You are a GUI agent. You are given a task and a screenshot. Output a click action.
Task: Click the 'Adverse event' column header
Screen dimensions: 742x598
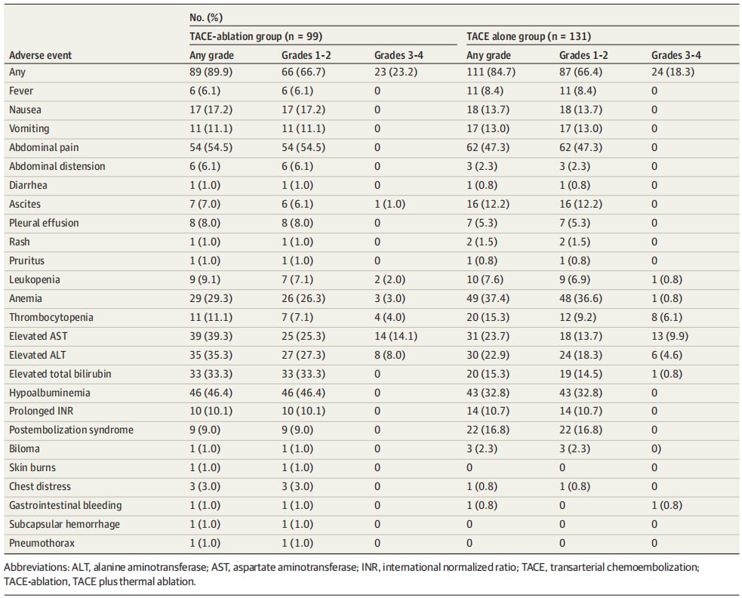(x=40, y=55)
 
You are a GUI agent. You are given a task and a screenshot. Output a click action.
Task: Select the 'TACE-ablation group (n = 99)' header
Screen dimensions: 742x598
(x=256, y=36)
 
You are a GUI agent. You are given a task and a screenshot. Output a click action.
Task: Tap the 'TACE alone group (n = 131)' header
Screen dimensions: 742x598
(x=528, y=36)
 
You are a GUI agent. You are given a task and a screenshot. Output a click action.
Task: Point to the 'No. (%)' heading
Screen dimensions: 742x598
(x=206, y=17)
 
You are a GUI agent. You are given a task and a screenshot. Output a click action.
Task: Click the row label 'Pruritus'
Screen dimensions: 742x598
(x=26, y=260)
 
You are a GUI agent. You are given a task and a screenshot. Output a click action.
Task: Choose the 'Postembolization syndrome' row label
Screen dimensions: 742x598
(x=71, y=430)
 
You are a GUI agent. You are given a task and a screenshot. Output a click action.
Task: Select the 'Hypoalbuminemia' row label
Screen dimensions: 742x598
(x=49, y=393)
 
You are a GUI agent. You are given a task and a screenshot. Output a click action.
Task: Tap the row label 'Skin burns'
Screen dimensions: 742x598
(x=32, y=467)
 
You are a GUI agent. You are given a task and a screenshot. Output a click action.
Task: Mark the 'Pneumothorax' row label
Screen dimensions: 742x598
(x=42, y=543)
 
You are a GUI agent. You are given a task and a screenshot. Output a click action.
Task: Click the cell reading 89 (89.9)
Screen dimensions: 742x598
(x=211, y=72)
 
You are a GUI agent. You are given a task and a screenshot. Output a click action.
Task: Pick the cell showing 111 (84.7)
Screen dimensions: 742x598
(x=491, y=72)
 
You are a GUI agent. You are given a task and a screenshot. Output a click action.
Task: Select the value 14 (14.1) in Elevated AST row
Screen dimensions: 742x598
(x=396, y=336)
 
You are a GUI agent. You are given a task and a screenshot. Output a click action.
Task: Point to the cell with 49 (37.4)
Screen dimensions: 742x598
(x=488, y=298)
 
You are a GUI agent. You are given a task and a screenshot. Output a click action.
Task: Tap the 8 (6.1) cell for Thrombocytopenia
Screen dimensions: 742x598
(x=667, y=317)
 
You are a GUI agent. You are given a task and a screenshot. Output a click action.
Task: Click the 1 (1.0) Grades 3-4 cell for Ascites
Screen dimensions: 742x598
(x=389, y=204)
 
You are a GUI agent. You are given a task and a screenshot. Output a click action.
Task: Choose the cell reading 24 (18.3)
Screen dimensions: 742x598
(x=673, y=72)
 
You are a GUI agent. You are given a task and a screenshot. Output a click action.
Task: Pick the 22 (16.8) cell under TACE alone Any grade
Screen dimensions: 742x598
(x=488, y=430)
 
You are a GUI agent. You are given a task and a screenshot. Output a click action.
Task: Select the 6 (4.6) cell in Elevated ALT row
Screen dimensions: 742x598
(x=667, y=355)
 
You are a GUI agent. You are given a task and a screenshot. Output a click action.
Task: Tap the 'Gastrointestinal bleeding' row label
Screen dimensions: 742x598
(x=66, y=505)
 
